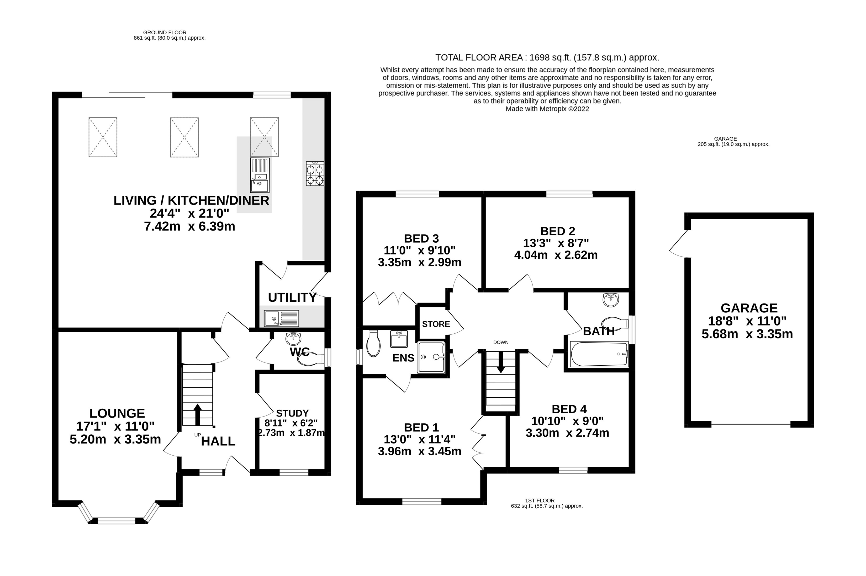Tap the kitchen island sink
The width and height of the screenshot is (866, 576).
tap(260, 175)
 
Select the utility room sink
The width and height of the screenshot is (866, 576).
tap(281, 318)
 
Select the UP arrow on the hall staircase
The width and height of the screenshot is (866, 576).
tap(198, 414)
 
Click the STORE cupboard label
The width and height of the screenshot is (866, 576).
tap(436, 324)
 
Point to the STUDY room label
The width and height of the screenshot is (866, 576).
tap(292, 413)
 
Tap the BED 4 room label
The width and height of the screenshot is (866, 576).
tap(569, 409)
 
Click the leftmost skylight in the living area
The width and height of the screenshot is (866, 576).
tap(103, 137)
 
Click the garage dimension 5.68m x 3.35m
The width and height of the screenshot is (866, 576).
tap(747, 334)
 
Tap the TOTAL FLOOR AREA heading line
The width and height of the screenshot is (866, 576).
tap(547, 58)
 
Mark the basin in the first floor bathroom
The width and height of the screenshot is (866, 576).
tap(611, 300)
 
